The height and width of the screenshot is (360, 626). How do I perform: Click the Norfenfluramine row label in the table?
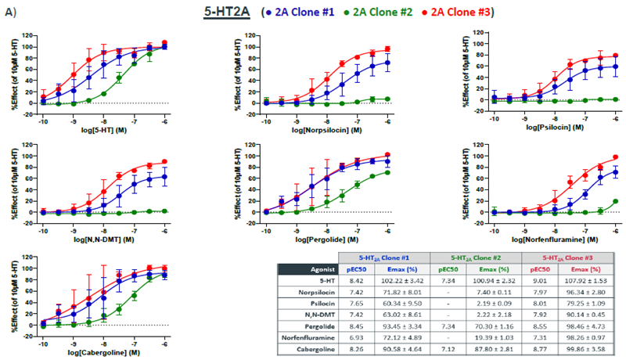click(x=302, y=333)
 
